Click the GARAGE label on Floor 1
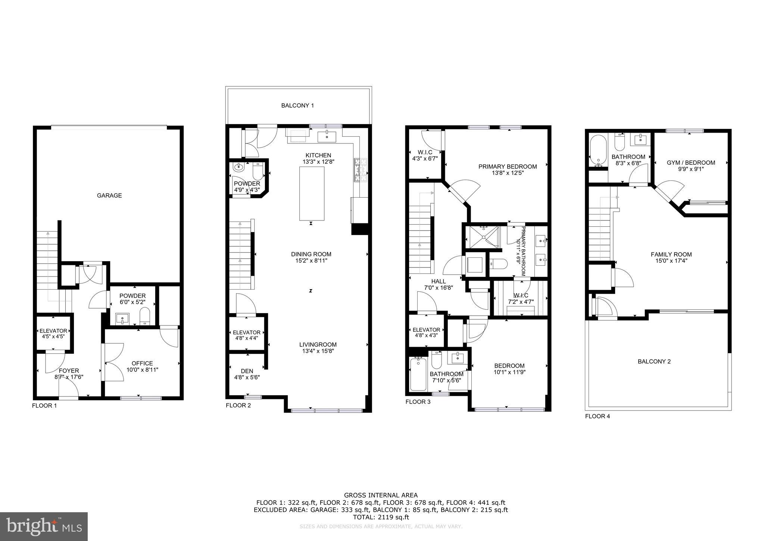click(x=109, y=195)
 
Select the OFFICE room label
click(x=142, y=363)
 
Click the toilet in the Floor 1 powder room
click(x=145, y=316)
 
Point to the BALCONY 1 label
click(x=297, y=106)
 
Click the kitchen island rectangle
click(x=312, y=194)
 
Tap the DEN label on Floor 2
click(x=247, y=371)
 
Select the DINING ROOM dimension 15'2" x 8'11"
click(x=311, y=261)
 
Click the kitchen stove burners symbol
click(x=361, y=169)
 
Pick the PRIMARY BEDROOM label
click(x=508, y=167)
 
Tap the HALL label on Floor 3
click(x=438, y=281)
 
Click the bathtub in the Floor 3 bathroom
click(x=418, y=374)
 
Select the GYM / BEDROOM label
click(x=691, y=163)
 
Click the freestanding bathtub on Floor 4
click(x=598, y=151)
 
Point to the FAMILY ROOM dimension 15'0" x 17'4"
click(x=671, y=261)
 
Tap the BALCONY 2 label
click(x=654, y=361)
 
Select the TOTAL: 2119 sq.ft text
click(x=381, y=517)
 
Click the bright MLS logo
click(x=44, y=526)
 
